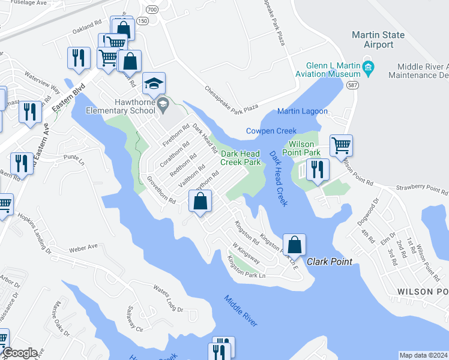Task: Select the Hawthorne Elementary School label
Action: (120, 106)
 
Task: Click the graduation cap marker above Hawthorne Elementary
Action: (154, 84)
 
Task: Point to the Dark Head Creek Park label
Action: (240, 158)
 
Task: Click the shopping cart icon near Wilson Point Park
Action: (341, 145)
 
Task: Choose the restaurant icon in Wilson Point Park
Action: (318, 169)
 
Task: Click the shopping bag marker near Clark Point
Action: (294, 244)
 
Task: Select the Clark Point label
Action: (330, 262)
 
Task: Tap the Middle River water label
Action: (241, 311)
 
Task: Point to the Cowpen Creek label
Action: (271, 131)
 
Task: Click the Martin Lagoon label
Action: (303, 111)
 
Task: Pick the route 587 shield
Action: (352, 86)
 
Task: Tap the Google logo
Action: (19, 353)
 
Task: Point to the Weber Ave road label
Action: (83, 247)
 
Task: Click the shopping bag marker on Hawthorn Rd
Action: (201, 201)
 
